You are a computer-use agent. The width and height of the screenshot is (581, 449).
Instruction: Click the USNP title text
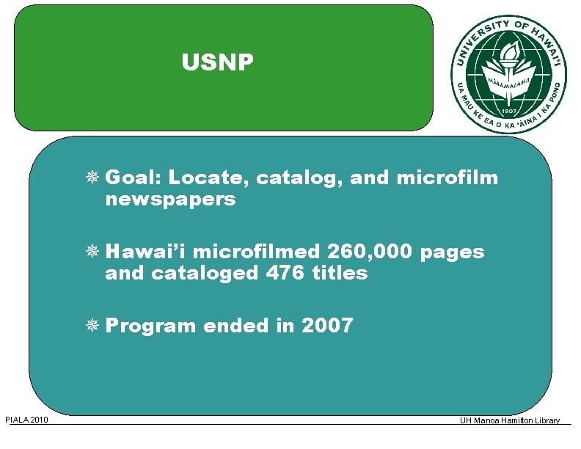pyautogui.click(x=218, y=64)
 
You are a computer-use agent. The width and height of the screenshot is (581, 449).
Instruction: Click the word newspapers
pyautogui.click(x=170, y=200)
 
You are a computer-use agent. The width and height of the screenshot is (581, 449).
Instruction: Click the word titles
pyautogui.click(x=339, y=273)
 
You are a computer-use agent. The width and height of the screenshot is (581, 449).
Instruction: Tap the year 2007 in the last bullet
pyautogui.click(x=327, y=325)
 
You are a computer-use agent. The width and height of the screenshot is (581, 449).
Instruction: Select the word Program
pyautogui.click(x=151, y=325)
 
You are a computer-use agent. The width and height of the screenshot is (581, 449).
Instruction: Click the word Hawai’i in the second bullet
pyautogui.click(x=147, y=252)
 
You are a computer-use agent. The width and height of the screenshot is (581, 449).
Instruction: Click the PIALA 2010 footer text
pyautogui.click(x=26, y=420)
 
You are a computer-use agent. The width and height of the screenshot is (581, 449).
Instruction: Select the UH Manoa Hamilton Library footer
pyautogui.click(x=510, y=420)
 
